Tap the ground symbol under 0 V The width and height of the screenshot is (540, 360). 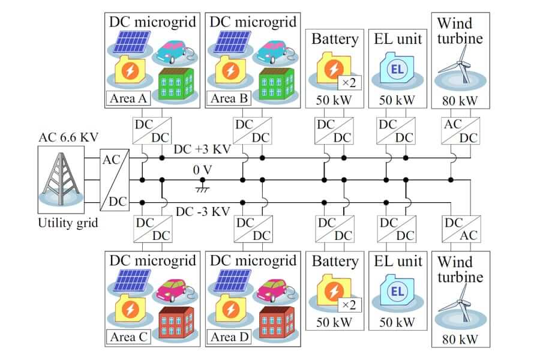(x=202, y=189)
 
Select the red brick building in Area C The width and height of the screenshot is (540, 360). (x=176, y=325)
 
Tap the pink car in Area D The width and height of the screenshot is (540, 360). (x=277, y=290)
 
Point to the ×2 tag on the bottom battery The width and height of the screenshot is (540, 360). (x=348, y=305)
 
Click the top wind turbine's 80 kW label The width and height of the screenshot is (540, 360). (x=460, y=100)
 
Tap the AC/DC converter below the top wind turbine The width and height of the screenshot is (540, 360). (x=460, y=131)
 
